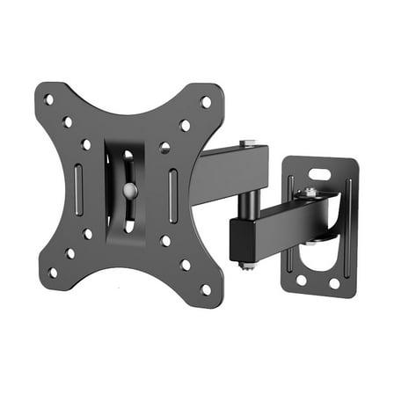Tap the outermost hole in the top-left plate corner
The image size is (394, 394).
point(49,99)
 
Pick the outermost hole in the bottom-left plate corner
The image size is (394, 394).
point(52,272)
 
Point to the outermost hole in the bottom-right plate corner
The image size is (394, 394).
point(206,289)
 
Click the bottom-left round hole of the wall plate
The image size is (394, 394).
point(302,280)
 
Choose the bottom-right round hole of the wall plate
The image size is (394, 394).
point(334,283)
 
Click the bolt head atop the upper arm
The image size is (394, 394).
point(252,142)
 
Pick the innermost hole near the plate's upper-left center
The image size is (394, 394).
point(86,144)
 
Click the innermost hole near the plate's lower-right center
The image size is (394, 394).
point(165,240)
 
